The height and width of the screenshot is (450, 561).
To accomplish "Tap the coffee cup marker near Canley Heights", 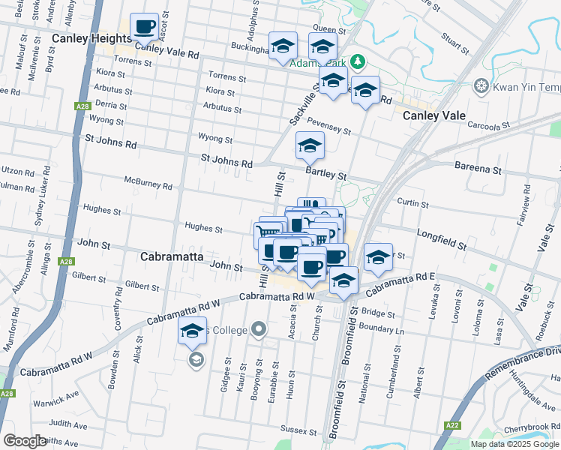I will (x=145, y=27).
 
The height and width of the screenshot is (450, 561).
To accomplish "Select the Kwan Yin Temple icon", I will (x=481, y=87).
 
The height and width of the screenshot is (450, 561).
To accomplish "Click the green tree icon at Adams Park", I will (x=358, y=61).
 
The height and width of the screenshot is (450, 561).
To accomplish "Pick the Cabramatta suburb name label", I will (x=173, y=256).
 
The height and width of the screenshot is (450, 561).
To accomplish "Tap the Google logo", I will (x=25, y=441).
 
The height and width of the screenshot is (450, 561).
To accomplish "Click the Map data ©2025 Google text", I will (x=514, y=444).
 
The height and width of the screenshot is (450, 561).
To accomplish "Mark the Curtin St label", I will (x=412, y=203).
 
